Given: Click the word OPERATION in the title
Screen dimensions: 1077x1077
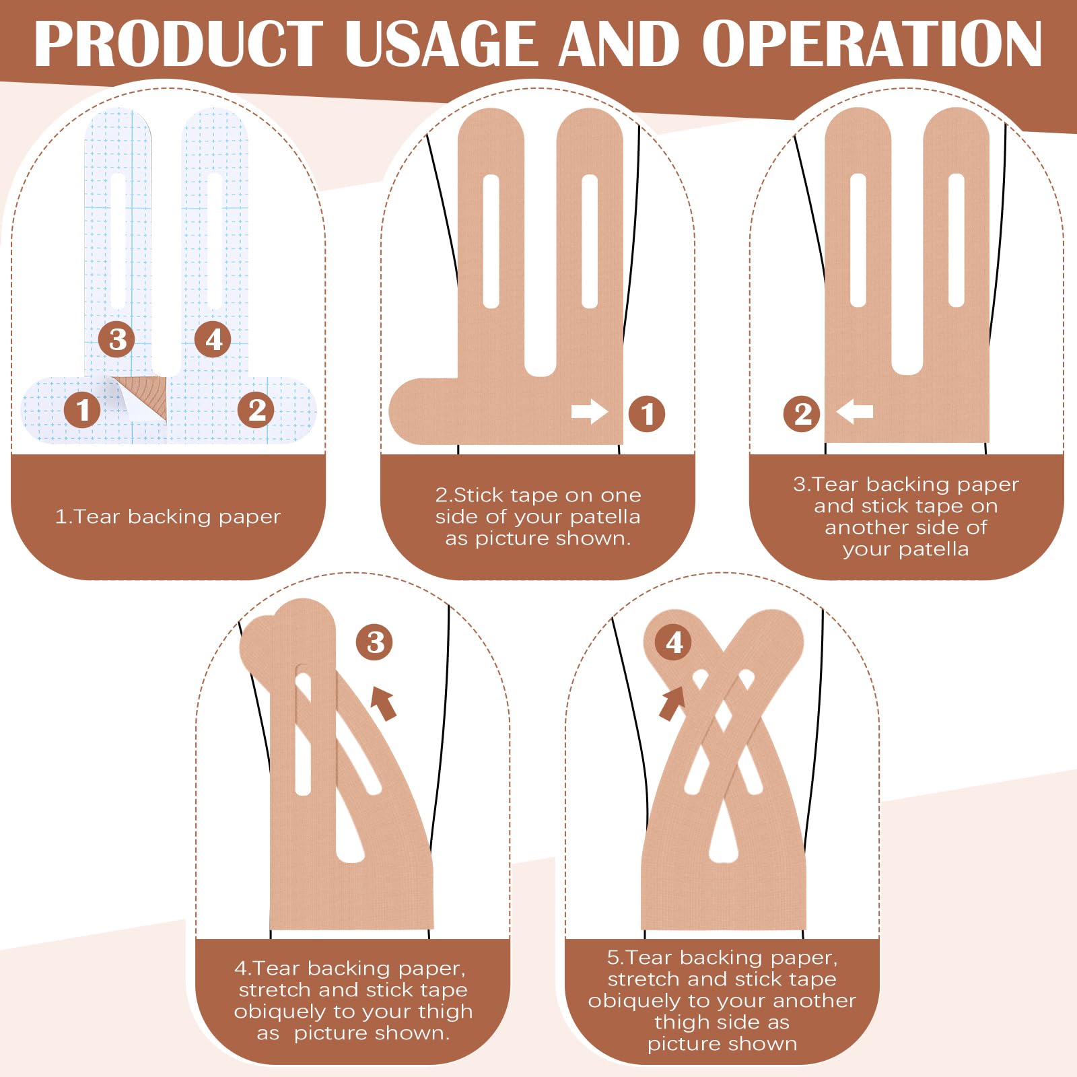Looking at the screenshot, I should (x=872, y=44).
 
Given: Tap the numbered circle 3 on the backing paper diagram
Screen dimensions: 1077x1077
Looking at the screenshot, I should (x=117, y=339).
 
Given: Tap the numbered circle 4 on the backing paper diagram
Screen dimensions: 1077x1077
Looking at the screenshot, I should (x=213, y=339).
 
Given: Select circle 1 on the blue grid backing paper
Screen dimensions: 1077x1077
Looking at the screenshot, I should (x=83, y=410).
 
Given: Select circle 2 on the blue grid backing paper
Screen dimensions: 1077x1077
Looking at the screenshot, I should (x=256, y=410).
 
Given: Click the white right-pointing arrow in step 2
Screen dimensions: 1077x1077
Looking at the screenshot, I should (x=589, y=411).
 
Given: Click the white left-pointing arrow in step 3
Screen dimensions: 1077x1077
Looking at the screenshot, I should (x=855, y=411).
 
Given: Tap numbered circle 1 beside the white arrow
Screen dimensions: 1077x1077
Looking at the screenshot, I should (x=647, y=414).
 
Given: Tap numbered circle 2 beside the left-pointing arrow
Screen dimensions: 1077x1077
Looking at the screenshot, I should (x=802, y=414).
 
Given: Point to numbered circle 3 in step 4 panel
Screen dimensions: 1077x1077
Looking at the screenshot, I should (x=375, y=642).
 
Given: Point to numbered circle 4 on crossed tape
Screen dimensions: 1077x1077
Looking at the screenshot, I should (x=674, y=642).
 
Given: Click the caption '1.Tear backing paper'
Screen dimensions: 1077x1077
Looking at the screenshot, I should (x=168, y=517).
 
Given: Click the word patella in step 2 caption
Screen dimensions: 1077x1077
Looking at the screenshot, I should (x=604, y=517).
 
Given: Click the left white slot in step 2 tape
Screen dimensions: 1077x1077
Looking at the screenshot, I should (x=491, y=241).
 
